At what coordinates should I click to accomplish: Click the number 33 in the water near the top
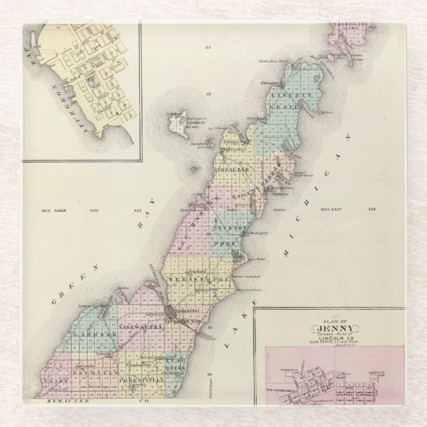(x=208, y=48)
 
